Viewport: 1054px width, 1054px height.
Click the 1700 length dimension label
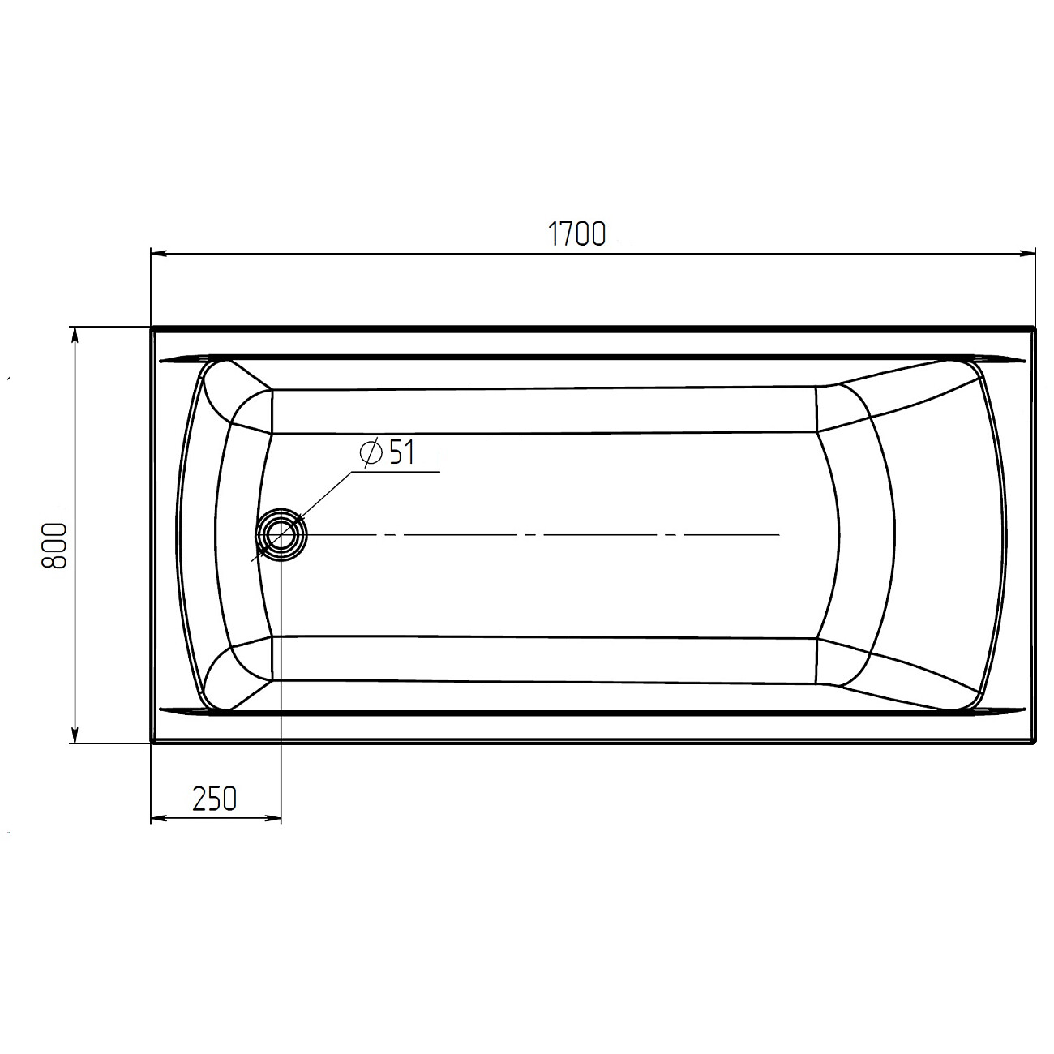576,234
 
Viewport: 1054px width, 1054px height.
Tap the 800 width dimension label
54,546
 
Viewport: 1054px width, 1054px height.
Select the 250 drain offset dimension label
214,799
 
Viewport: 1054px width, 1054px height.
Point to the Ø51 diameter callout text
388,453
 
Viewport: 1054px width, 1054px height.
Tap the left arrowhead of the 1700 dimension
159,253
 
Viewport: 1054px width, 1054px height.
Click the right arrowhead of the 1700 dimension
1028,253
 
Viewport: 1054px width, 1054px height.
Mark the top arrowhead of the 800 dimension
75,335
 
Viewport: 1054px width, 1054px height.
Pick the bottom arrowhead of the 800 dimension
75,735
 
